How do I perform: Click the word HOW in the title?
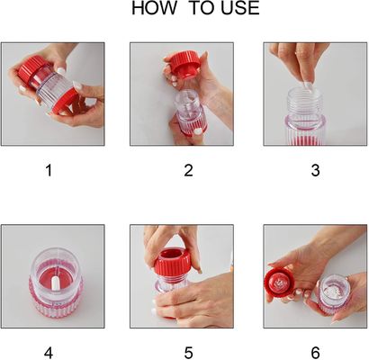tap(154, 8)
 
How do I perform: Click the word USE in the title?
tap(240, 8)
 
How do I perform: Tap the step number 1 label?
tap(49, 170)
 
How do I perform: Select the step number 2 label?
tap(188, 170)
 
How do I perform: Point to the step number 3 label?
tap(315, 170)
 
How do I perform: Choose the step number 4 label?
tap(49, 353)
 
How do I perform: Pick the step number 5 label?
tap(188, 353)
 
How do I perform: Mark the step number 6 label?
tap(315, 353)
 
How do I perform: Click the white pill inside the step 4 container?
tap(55, 283)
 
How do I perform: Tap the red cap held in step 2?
tap(182, 66)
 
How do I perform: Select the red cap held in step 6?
tap(279, 284)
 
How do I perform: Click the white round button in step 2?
tap(197, 131)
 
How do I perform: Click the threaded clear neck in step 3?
tap(305, 102)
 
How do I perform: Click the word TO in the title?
tap(202, 8)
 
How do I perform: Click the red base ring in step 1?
tap(67, 102)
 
